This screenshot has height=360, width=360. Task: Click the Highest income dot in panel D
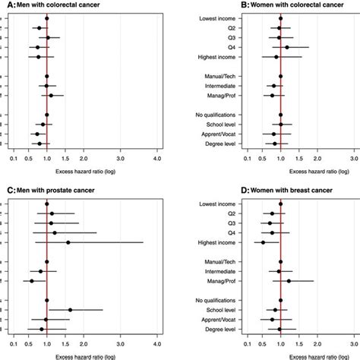point(263,242)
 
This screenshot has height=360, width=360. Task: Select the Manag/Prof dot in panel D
point(289,281)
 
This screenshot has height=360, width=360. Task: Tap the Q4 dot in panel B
point(286,47)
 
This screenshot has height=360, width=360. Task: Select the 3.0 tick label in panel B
point(354,158)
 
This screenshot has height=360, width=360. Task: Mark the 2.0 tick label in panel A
point(88,158)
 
